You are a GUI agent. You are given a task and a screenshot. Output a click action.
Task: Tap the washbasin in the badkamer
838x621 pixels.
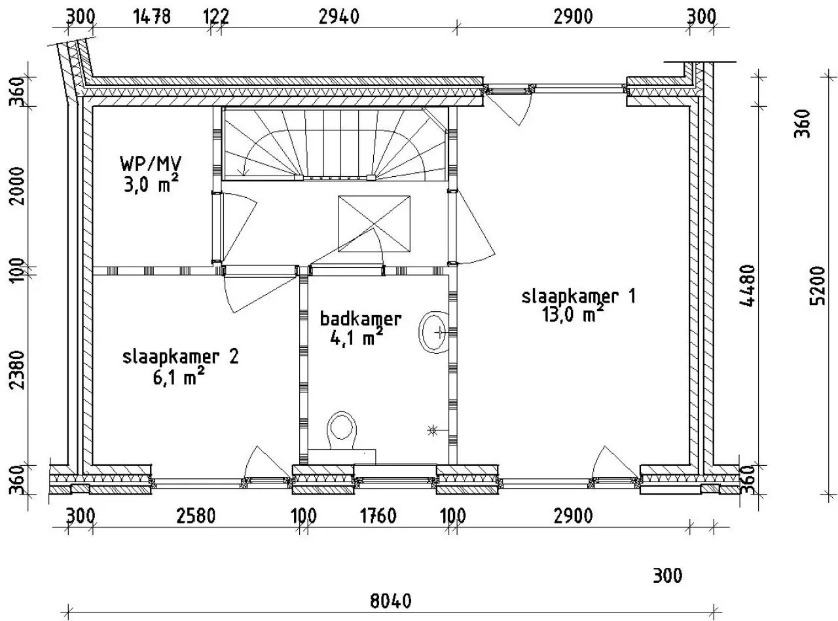coord(433,332)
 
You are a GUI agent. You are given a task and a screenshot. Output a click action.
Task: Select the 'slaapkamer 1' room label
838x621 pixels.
coord(579,296)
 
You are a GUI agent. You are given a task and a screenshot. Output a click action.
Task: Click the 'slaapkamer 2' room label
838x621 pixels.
coord(181,356)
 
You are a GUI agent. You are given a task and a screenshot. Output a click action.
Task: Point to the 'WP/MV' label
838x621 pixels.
coord(151,164)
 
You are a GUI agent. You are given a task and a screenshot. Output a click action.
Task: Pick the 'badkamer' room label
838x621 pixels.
coord(361,319)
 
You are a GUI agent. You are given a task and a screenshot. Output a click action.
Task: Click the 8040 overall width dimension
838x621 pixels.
coord(391,601)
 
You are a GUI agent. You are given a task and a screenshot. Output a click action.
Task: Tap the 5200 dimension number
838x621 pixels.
coord(818,286)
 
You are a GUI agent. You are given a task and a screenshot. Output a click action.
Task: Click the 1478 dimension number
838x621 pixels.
coord(152,16)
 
